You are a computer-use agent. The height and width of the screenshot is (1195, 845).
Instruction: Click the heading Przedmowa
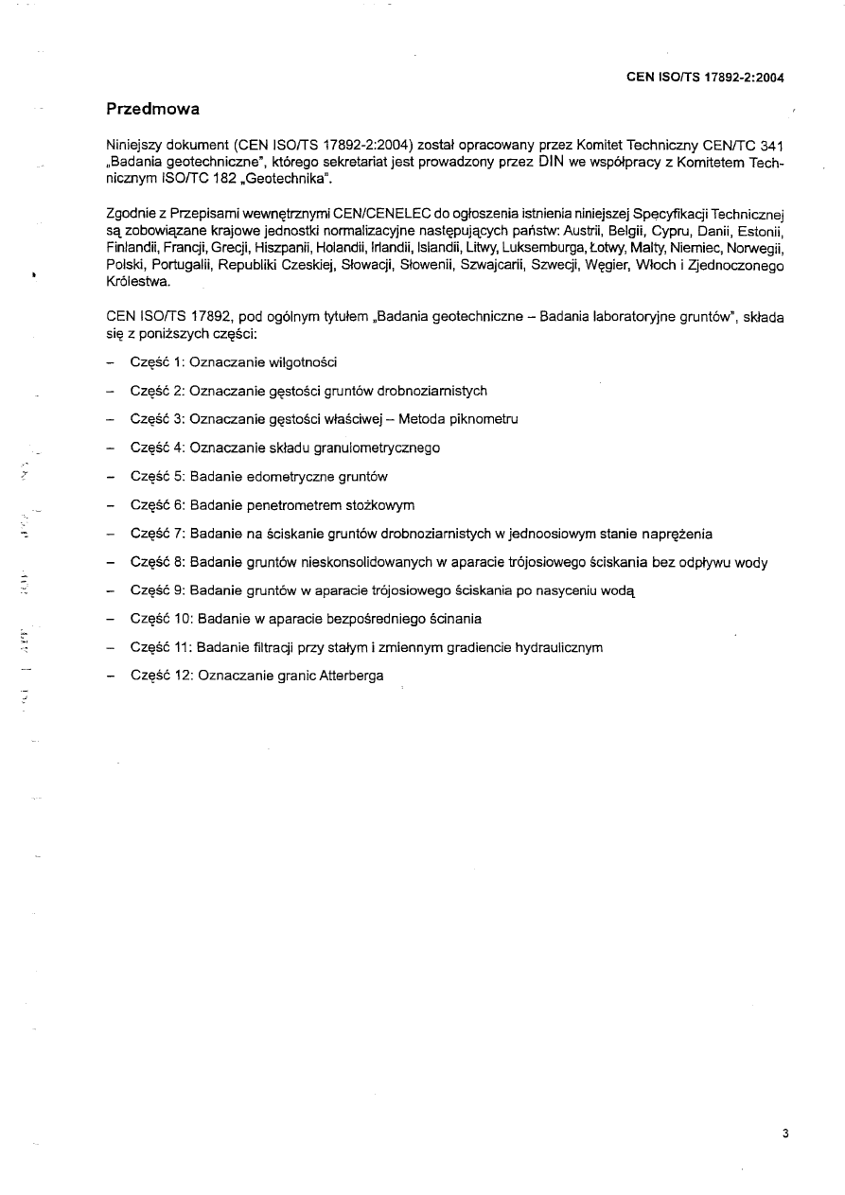(152, 109)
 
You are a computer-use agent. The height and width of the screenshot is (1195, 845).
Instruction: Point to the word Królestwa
(139, 281)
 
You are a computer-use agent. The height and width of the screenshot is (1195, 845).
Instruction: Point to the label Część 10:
(162, 619)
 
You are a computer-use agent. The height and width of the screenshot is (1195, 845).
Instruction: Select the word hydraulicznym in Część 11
(558, 648)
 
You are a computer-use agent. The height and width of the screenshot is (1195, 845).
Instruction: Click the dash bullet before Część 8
(112, 562)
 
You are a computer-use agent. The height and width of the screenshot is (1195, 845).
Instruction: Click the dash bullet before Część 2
(112, 391)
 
